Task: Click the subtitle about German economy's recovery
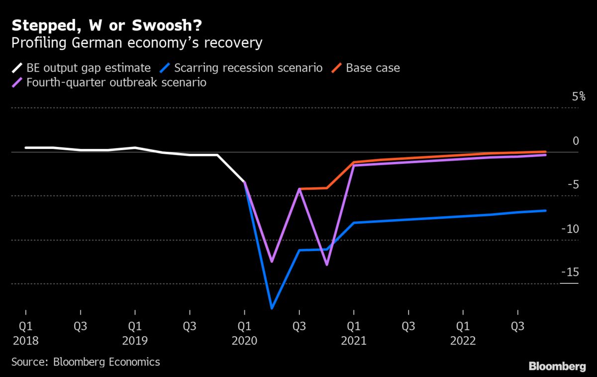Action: coord(137,43)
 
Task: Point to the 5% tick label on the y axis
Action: coord(578,97)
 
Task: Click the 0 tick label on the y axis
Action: coord(576,141)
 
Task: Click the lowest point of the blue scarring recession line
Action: coord(272,308)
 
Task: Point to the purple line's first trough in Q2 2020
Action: coord(272,261)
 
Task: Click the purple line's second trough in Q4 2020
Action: coord(326,264)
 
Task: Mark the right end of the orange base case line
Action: coord(545,151)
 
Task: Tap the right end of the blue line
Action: coord(545,211)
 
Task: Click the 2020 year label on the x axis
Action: coord(244,341)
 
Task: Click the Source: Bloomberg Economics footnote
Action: coord(86,362)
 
